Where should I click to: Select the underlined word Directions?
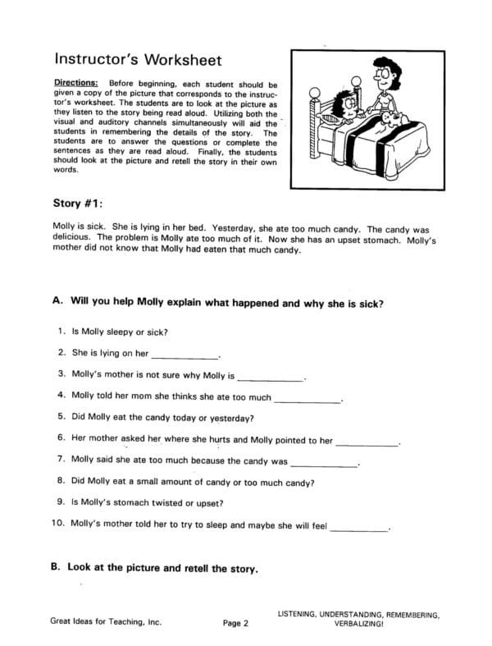pyautogui.click(x=75, y=84)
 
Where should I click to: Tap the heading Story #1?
pyautogui.click(x=79, y=202)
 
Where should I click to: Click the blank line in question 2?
pyautogui.click(x=185, y=357)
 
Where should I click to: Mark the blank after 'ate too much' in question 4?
pyautogui.click(x=307, y=400)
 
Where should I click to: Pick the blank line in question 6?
pyautogui.click(x=367, y=443)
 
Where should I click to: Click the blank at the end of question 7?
pyautogui.click(x=324, y=465)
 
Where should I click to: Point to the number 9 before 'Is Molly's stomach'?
pyautogui.click(x=61, y=502)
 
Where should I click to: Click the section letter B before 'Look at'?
pyautogui.click(x=57, y=567)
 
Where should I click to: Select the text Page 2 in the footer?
pyautogui.click(x=235, y=624)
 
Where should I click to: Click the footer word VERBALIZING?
pyautogui.click(x=358, y=624)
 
